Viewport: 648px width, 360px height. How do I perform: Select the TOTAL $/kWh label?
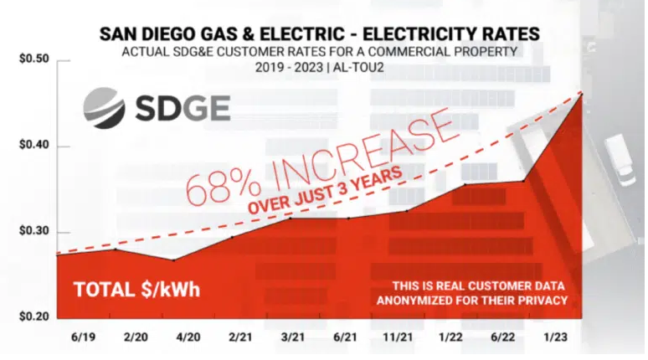coord(136,290)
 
